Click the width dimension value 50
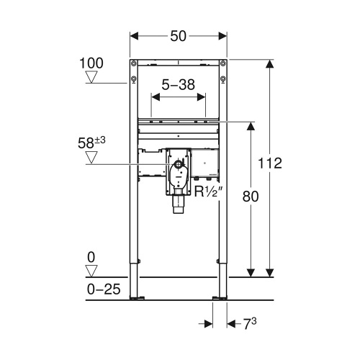[179, 35]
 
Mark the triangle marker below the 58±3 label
[91, 156]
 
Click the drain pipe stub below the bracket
[178, 207]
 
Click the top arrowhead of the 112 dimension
[269, 63]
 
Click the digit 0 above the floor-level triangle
[91, 257]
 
